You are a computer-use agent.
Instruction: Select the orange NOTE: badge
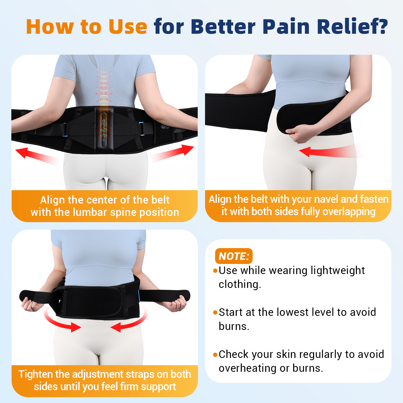pos(234,256)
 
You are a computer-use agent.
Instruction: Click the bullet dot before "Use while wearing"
pos(215,271)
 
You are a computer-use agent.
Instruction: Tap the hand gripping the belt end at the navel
pos(298,133)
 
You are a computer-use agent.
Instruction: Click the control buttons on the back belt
pos(165,126)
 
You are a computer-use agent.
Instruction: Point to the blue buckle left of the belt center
pos(65,129)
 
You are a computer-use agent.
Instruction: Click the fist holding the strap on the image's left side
pos(31,304)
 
